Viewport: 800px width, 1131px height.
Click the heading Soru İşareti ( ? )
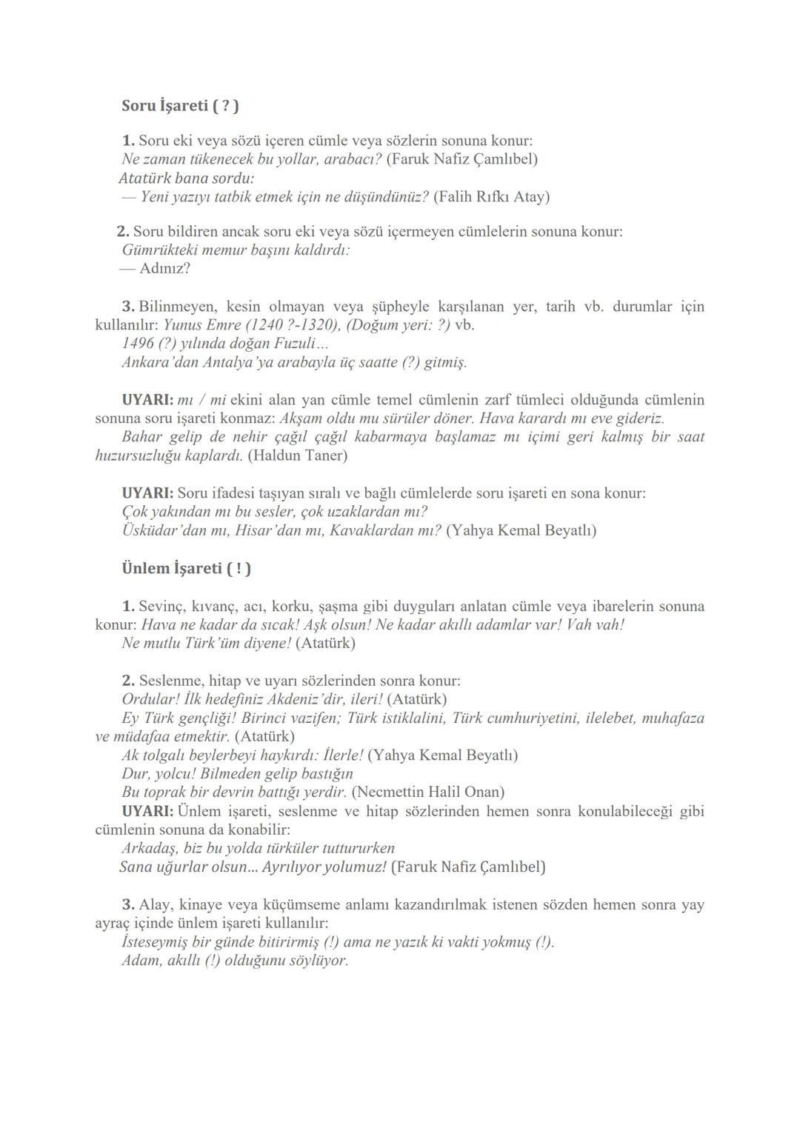pos(180,106)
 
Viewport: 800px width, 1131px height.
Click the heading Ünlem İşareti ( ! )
pos(186,568)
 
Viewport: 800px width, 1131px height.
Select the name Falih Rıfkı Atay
pos(491,196)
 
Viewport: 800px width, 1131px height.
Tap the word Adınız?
pos(164,268)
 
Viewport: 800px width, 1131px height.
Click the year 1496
pos(137,344)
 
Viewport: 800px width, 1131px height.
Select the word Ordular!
pos(151,699)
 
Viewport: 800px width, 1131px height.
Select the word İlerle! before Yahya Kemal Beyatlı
pos(344,755)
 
